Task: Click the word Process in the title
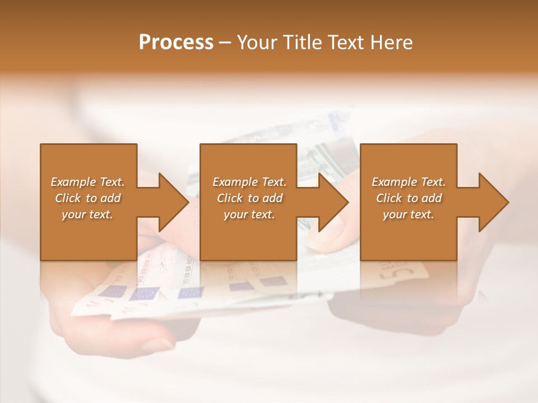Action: click(x=176, y=43)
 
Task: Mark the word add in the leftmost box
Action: click(x=110, y=198)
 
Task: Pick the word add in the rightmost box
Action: click(x=432, y=198)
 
